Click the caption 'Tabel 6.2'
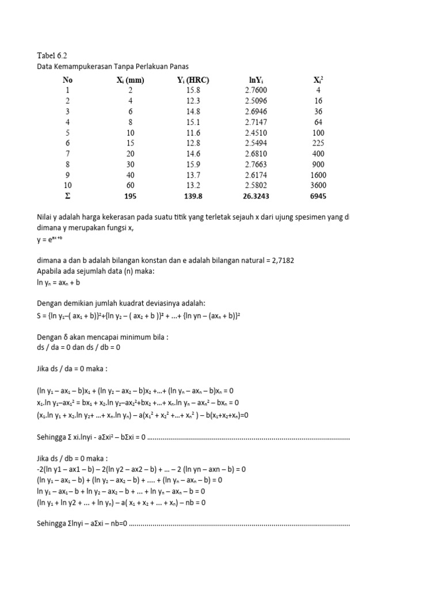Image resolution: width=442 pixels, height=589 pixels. [x=52, y=55]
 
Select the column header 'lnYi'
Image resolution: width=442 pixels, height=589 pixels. [x=256, y=80]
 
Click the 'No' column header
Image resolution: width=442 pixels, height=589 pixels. [x=68, y=80]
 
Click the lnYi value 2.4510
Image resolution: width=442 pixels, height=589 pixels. [x=256, y=132]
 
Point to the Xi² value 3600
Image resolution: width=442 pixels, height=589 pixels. [x=318, y=185]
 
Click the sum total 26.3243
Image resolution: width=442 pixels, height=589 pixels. [x=256, y=196]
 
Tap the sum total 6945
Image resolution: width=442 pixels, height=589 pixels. [x=318, y=196]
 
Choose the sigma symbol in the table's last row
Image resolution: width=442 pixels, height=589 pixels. [x=68, y=196]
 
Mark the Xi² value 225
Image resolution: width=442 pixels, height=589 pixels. [x=318, y=143]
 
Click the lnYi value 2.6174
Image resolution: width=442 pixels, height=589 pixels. [x=256, y=175]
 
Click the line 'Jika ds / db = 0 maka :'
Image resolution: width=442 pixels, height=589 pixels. [x=73, y=458]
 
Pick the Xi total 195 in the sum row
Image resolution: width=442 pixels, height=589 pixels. [x=129, y=196]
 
